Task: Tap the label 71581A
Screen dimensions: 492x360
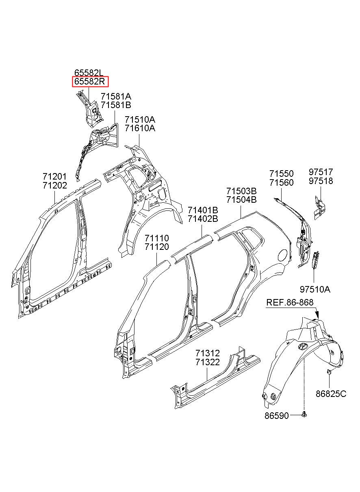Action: point(116,96)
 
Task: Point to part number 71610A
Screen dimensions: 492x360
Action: point(140,128)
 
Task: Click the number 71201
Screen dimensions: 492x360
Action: point(54,177)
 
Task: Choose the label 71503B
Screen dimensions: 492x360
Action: point(241,191)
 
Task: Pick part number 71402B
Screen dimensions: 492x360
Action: point(203,219)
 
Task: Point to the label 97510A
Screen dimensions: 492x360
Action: point(315,289)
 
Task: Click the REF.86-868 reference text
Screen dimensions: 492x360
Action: point(290,303)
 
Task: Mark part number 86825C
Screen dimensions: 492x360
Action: point(331,393)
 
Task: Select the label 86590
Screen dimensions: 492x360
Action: point(276,416)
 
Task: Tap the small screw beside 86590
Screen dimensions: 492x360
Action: point(304,414)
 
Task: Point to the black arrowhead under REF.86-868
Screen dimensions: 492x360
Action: point(317,314)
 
